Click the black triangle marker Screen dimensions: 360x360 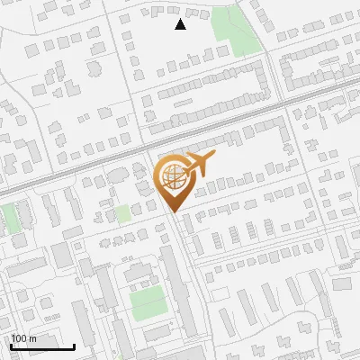tap(180, 24)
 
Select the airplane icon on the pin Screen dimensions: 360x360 tap(200, 163)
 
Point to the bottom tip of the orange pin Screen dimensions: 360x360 tap(173, 212)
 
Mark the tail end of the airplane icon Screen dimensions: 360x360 tap(186, 167)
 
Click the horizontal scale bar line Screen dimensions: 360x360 tap(42, 347)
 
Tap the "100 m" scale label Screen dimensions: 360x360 tap(23, 338)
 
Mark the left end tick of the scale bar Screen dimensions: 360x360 tap(11, 346)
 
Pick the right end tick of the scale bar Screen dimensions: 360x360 tap(74, 346)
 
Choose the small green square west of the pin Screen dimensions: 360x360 tap(122, 214)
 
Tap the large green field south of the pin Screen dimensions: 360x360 tap(148, 303)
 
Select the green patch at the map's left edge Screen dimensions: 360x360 tap(8, 219)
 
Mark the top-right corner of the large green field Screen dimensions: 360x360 tap(165, 287)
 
